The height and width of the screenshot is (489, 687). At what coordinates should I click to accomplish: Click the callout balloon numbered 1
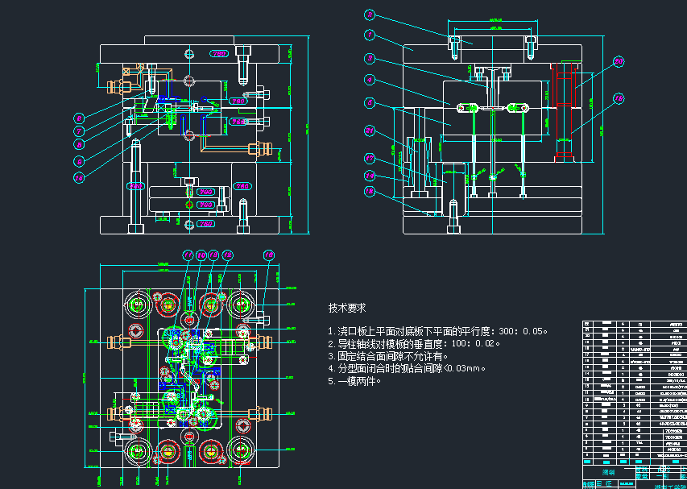pyautogui.click(x=370, y=35)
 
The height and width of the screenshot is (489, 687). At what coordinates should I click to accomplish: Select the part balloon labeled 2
pyautogui.click(x=370, y=15)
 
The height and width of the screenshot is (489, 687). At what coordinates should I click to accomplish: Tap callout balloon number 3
pyautogui.click(x=370, y=59)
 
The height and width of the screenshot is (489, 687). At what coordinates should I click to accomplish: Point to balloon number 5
pyautogui.click(x=370, y=102)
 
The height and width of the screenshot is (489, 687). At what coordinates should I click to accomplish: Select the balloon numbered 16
pyautogui.click(x=79, y=177)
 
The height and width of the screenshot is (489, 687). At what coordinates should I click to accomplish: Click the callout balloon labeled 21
pyautogui.click(x=370, y=131)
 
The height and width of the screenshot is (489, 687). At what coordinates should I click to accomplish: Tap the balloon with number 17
pyautogui.click(x=370, y=159)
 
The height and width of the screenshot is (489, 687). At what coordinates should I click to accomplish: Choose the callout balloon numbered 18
pyautogui.click(x=370, y=192)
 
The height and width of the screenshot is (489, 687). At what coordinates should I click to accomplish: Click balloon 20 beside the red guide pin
pyautogui.click(x=619, y=61)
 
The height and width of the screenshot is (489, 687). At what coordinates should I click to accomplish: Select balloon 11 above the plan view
pyautogui.click(x=188, y=255)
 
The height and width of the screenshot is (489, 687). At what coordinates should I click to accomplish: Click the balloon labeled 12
pyautogui.click(x=227, y=255)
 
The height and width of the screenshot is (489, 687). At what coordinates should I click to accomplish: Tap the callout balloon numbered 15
pyautogui.click(x=269, y=255)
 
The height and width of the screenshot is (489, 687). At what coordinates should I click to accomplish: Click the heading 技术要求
pyautogui.click(x=347, y=308)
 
